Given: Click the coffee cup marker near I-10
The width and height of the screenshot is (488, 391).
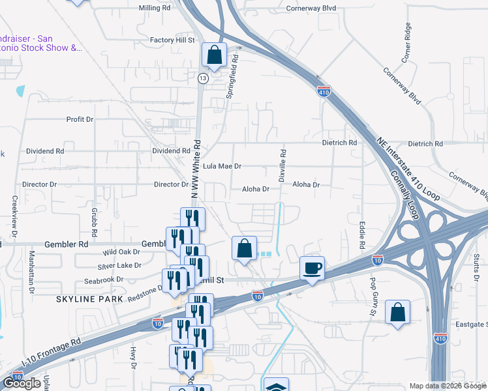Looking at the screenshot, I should click(313, 268).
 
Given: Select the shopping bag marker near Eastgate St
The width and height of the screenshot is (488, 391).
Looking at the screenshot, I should click(397, 313).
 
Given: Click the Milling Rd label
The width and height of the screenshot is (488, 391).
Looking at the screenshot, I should click(155, 8).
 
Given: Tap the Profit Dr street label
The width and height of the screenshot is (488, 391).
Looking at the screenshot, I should click(80, 120).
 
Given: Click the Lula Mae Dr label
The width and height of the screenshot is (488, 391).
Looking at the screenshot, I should click(222, 167).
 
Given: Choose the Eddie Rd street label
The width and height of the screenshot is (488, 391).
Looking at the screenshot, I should click(361, 236).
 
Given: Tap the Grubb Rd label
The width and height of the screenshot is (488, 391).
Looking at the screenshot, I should click(95, 222).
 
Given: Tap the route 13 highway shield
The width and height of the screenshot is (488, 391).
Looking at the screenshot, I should click(204, 78).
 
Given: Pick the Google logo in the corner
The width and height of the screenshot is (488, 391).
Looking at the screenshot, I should click(22, 383).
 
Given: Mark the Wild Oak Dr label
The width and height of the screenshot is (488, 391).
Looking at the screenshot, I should click(121, 252).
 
